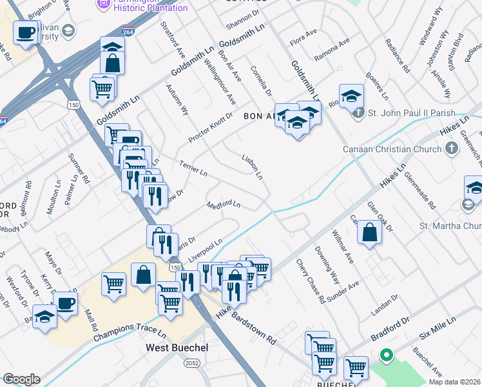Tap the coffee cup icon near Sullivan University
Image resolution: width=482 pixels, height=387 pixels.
coord(25,33)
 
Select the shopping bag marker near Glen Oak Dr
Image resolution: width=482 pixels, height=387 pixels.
coord(371,232)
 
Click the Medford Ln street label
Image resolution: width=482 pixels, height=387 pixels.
coord(224,205)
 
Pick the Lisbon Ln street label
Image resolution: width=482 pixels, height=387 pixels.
coord(251,166)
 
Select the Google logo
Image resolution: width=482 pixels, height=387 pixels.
coord(21,379)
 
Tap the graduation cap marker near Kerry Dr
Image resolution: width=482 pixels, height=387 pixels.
coord(44,317)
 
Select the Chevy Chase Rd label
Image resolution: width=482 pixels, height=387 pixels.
coord(310,282)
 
